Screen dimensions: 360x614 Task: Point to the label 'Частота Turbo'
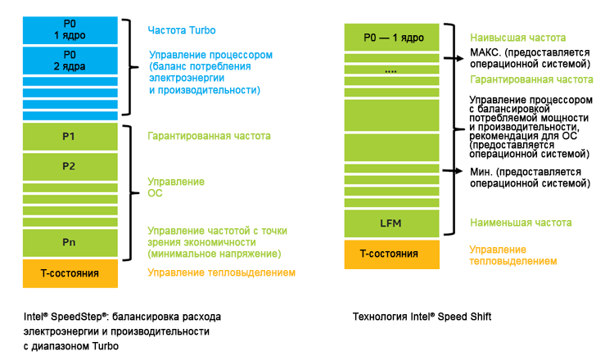click(x=182, y=31)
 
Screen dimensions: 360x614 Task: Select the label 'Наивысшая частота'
click(x=518, y=38)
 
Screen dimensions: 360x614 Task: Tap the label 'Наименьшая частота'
click(x=521, y=222)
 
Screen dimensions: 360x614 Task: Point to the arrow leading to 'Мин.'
click(x=453, y=170)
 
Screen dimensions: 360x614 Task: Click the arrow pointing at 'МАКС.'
click(x=453, y=57)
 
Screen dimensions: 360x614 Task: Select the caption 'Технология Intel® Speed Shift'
click(x=422, y=316)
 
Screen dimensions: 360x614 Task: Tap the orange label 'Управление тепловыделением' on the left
click(x=221, y=272)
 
